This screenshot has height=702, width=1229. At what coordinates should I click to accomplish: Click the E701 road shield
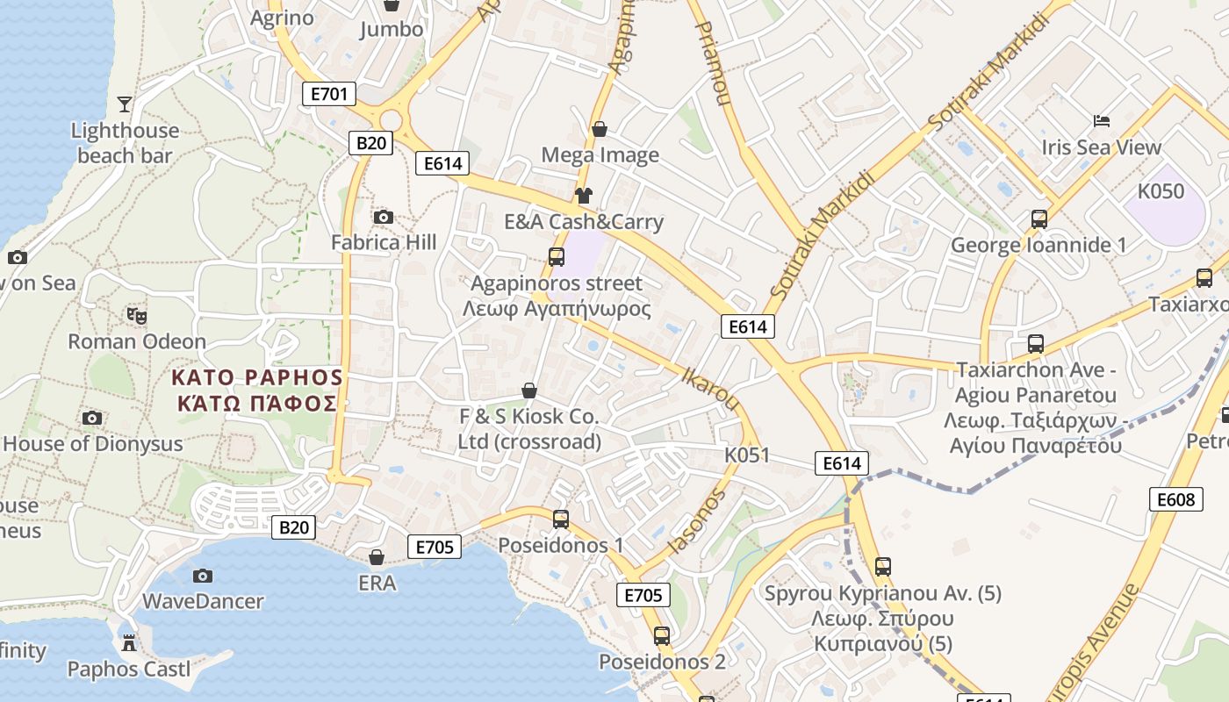coord(329,94)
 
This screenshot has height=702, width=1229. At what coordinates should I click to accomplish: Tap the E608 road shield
coord(1175,499)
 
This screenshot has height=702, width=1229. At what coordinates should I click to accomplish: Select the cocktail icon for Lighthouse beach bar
coord(125,104)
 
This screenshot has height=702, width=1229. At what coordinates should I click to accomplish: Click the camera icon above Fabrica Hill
coord(384,217)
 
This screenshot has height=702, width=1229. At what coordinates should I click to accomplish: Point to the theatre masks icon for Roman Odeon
coord(135,315)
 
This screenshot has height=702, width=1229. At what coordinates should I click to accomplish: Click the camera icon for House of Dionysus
coord(92,418)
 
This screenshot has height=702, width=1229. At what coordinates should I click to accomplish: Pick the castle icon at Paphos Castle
coord(129,643)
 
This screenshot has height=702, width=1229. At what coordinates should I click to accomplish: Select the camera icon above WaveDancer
coord(203,576)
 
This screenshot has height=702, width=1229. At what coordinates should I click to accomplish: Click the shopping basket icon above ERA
coord(377,557)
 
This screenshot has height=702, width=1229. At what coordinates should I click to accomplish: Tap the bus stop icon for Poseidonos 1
coord(561,519)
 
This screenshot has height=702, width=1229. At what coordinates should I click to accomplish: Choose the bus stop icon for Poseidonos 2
coord(662,636)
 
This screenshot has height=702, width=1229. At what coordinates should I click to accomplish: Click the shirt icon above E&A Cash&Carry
coord(584,195)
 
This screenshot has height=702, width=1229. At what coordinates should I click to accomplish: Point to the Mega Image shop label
coord(600,155)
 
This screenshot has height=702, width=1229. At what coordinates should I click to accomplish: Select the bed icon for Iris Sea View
coord(1102,120)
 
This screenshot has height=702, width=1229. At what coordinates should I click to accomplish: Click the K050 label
coord(1161,191)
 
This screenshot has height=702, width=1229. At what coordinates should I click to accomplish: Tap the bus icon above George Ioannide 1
coord(1039,218)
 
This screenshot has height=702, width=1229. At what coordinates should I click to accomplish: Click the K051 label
coord(747,455)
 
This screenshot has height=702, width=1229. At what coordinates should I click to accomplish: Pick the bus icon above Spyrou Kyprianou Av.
coord(883,566)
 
